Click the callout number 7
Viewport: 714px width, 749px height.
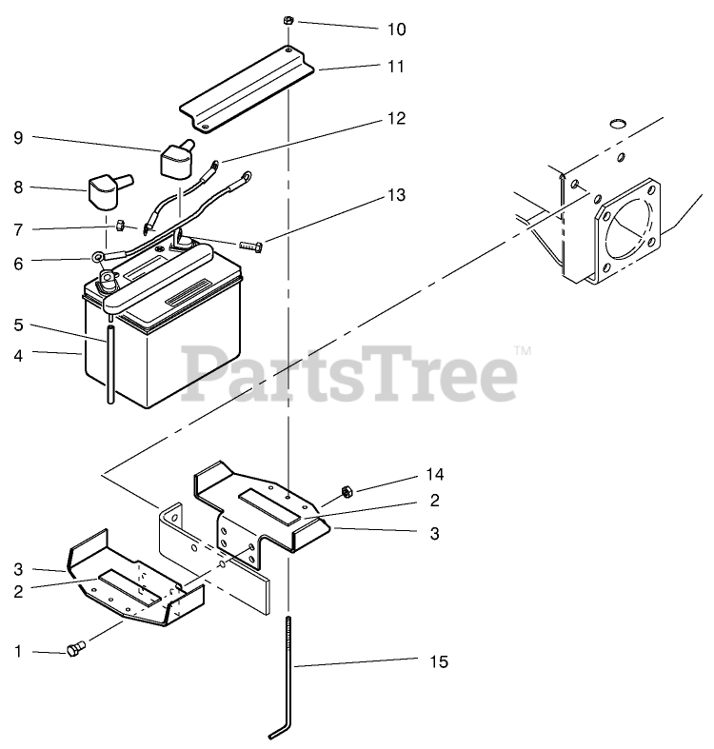[19, 229]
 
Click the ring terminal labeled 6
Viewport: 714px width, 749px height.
[99, 256]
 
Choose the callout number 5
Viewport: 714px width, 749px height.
[19, 325]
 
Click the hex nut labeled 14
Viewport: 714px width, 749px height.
[347, 490]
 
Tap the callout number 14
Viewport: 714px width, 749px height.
[434, 474]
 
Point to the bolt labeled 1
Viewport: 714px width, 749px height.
[75, 650]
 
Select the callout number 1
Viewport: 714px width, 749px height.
[19, 652]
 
